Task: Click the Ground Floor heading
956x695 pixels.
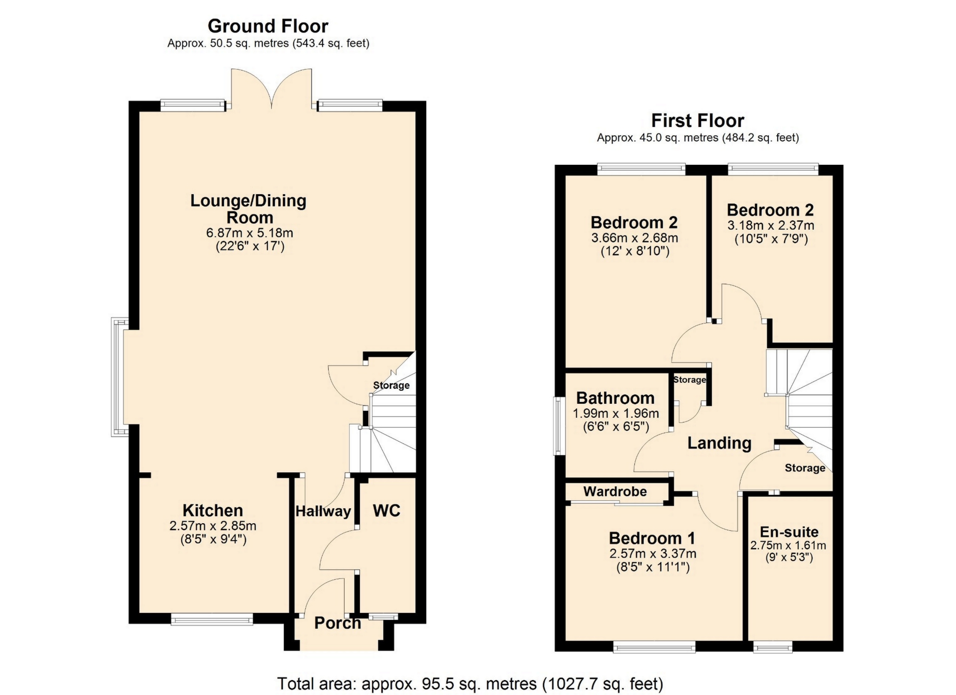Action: click(268, 26)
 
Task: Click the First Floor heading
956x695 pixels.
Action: click(698, 120)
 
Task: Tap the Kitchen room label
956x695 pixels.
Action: click(213, 510)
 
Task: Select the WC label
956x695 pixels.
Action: click(386, 510)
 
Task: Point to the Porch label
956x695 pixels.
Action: click(338, 623)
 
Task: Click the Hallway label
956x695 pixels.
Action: click(323, 511)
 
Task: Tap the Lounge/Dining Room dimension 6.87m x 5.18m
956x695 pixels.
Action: click(249, 232)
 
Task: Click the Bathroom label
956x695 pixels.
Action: click(615, 398)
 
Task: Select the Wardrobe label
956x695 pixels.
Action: click(615, 491)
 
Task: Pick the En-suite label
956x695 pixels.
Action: click(789, 532)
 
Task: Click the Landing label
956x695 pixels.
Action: click(719, 443)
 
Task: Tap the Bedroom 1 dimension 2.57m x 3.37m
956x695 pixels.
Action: click(653, 554)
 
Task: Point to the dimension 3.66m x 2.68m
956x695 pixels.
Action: click(635, 238)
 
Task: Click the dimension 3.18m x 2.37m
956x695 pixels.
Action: click(771, 226)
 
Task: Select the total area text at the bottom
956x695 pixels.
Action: click(470, 684)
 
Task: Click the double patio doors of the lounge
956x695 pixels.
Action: click(271, 89)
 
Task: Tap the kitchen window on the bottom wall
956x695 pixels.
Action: click(212, 619)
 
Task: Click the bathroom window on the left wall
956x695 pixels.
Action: click(559, 426)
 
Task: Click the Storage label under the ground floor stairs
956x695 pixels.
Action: click(391, 385)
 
